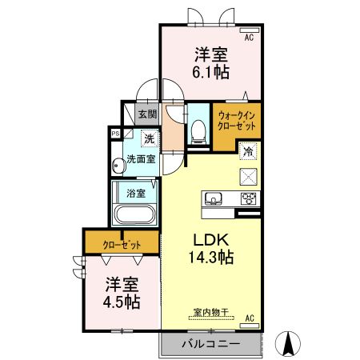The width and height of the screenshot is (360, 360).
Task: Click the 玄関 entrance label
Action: (146, 115)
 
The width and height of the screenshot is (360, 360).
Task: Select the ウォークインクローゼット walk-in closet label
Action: (236, 121)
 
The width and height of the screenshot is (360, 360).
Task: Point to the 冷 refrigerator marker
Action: (248, 150)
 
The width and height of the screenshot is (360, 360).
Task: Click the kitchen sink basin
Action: (213, 199)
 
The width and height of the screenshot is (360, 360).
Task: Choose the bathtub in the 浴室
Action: (135, 216)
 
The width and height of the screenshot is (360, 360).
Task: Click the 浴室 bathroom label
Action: (134, 193)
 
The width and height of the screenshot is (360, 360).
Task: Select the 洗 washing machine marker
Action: (149, 139)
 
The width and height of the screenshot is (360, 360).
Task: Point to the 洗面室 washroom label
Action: (140, 159)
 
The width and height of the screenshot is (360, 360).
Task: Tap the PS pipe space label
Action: (116, 134)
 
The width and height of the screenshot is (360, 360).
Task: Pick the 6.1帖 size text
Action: (211, 72)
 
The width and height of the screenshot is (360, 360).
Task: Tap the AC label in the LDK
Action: (248, 318)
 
